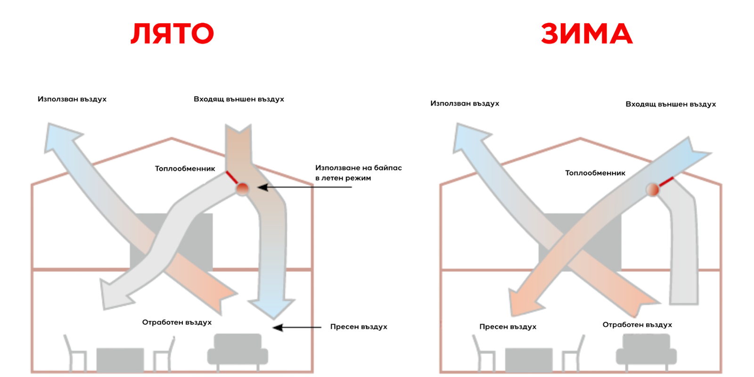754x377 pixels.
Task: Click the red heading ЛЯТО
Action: pyautogui.click(x=172, y=34)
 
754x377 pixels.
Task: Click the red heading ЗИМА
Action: pyautogui.click(x=587, y=34)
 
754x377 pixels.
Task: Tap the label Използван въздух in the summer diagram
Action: pyautogui.click(x=72, y=99)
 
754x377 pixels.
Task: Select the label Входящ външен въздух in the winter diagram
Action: pyautogui.click(x=671, y=104)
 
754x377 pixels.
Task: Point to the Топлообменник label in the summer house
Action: pyautogui.click(x=185, y=169)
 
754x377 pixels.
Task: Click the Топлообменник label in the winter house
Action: pyautogui.click(x=595, y=173)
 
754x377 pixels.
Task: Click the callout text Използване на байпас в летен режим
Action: pyautogui.click(x=358, y=173)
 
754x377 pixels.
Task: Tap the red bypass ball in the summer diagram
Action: pyautogui.click(x=242, y=188)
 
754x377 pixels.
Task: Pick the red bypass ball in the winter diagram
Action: pyautogui.click(x=653, y=189)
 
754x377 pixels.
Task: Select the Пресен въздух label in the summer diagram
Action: pyautogui.click(x=359, y=327)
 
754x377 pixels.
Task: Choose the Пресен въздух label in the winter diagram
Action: pyautogui.click(x=508, y=327)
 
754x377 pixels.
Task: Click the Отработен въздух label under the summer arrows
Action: pyautogui.click(x=177, y=322)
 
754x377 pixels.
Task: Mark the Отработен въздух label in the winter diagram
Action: pyautogui.click(x=637, y=325)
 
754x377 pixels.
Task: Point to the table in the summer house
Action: pyautogui.click(x=120, y=360)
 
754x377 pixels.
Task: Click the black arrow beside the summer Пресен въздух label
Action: pyautogui.click(x=297, y=327)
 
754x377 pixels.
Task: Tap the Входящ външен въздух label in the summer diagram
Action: pyautogui.click(x=238, y=99)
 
